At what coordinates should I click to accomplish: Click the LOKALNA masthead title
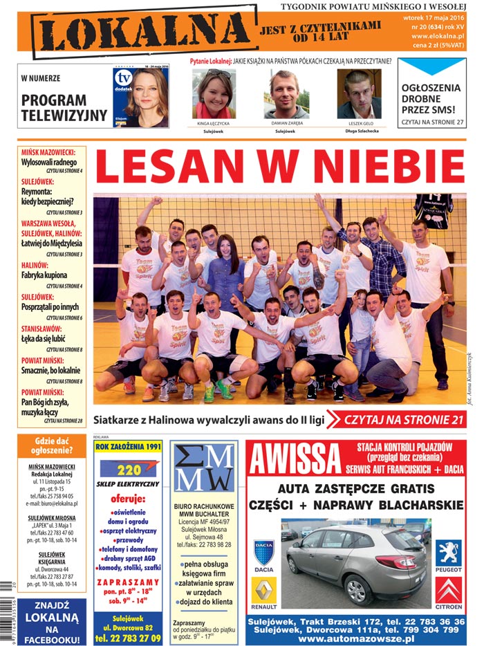[142, 33]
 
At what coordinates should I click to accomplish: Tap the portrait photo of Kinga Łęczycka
[213, 94]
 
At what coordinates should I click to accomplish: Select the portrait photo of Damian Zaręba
[286, 94]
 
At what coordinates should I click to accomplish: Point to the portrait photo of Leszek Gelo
[359, 94]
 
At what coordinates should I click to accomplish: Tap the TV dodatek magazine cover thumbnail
[140, 98]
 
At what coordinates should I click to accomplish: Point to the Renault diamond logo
[263, 591]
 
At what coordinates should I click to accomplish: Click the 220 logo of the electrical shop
[129, 469]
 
